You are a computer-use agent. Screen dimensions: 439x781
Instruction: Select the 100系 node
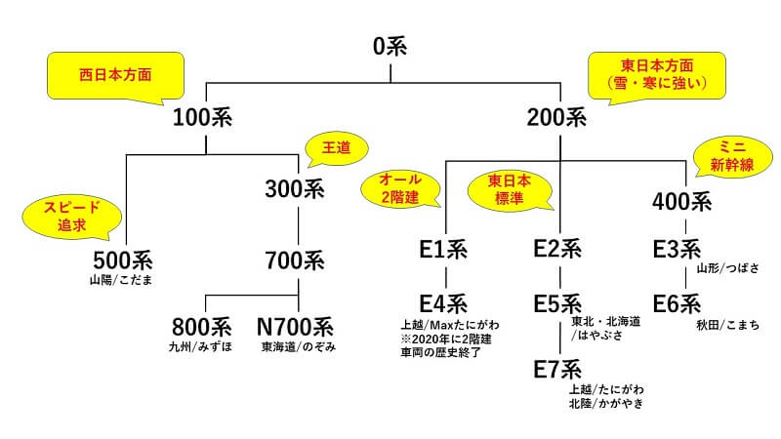click(205, 119)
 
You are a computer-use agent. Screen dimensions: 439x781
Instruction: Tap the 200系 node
click(556, 119)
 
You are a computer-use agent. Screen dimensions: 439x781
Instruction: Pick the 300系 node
click(294, 188)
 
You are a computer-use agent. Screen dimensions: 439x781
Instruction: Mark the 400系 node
click(680, 202)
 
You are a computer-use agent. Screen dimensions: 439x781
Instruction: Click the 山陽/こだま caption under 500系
click(121, 281)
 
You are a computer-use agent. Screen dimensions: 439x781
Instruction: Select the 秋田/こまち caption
click(727, 323)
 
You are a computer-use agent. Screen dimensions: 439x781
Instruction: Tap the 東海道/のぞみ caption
click(299, 346)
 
